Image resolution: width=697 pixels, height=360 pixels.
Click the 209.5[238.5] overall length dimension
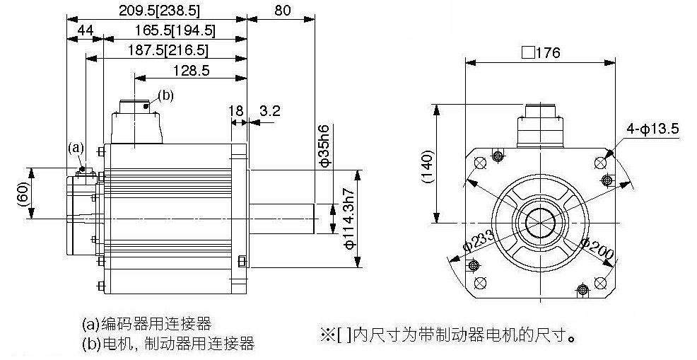tap(159, 10)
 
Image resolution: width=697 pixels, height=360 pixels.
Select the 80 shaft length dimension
tap(282, 10)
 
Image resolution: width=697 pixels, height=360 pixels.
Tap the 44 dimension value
tap(86, 30)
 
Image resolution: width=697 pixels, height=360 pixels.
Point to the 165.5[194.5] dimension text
tap(175, 30)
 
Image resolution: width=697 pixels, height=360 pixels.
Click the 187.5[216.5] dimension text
tap(168, 50)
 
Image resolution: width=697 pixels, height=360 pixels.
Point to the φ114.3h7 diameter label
tap(349, 219)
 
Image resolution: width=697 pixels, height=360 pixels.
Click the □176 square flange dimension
tap(541, 53)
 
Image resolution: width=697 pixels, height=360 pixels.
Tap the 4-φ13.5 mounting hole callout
tap(652, 129)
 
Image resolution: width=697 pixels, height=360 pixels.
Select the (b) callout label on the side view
tap(166, 95)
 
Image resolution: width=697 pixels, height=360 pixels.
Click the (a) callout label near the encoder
tap(76, 147)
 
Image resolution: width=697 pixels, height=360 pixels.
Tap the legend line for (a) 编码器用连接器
tap(147, 323)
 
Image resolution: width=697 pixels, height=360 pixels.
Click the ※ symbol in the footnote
tap(327, 334)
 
